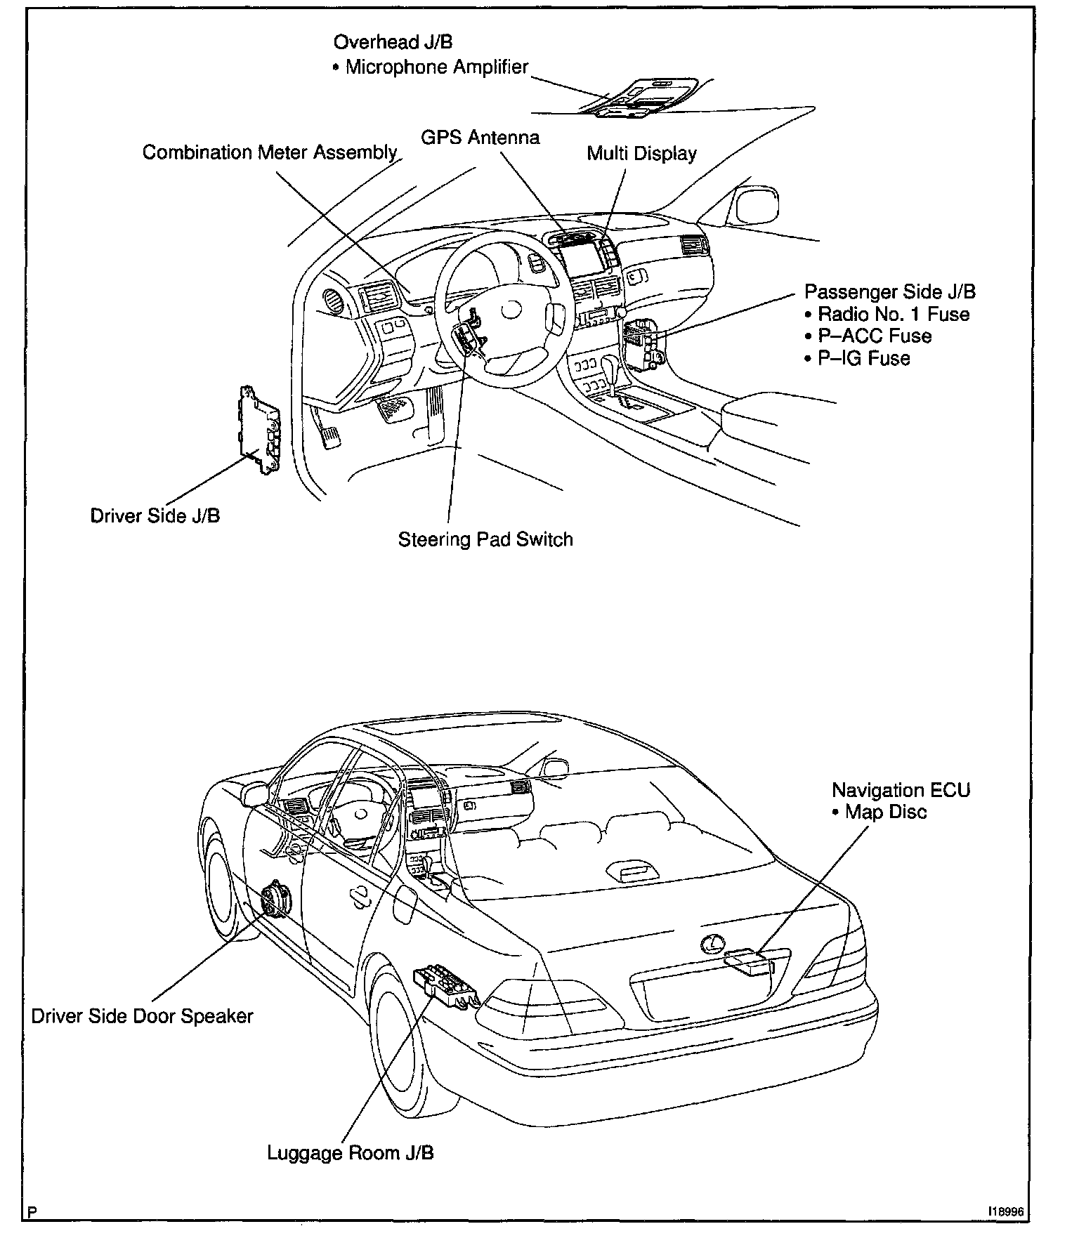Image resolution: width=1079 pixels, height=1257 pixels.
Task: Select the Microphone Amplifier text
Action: tap(436, 67)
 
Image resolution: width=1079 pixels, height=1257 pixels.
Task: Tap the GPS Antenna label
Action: tap(480, 137)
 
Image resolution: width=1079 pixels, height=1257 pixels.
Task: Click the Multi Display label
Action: tap(641, 154)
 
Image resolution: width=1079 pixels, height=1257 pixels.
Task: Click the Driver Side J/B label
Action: tap(155, 515)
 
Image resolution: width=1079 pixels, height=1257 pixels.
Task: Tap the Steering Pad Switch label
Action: tap(485, 539)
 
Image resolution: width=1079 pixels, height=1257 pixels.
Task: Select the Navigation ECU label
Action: tap(901, 790)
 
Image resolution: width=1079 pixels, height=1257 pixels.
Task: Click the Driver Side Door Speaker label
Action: tap(142, 1016)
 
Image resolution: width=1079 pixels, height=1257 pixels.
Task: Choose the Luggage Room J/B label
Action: tap(350, 1153)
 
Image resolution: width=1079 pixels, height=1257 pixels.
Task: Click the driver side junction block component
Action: tap(259, 430)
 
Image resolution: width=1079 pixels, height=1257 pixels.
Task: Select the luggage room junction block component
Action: tap(445, 985)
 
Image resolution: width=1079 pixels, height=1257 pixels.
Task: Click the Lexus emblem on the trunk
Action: tap(712, 943)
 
